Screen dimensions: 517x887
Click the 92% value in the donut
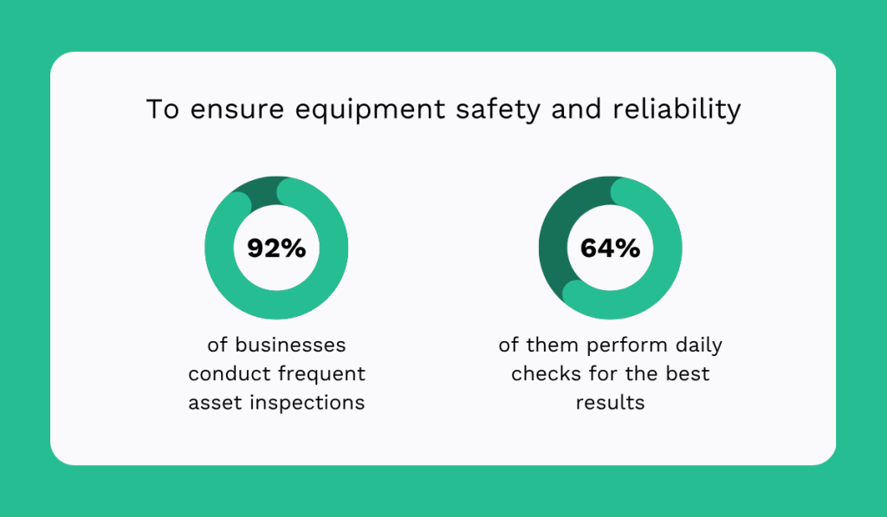(x=276, y=249)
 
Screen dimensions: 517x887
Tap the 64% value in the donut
(x=610, y=249)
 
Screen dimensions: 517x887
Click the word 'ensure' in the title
(x=223, y=111)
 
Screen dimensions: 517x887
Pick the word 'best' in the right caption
(x=687, y=374)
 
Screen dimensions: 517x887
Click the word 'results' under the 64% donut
(x=610, y=403)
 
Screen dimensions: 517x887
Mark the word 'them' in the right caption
(x=553, y=345)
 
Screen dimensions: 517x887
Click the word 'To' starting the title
(x=157, y=111)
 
